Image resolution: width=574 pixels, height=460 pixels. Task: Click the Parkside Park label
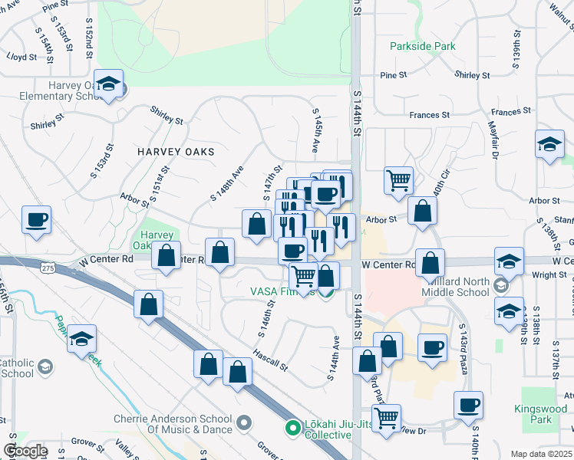[x=422, y=47]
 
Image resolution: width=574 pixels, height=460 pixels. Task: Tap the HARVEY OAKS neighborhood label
[x=176, y=152]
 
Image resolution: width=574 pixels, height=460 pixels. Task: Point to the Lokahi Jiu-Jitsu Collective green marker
[x=292, y=428]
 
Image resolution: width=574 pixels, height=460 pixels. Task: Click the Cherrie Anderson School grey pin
[x=245, y=422]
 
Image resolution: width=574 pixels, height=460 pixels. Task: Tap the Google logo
[x=25, y=451]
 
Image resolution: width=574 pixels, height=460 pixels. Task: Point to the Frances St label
[x=429, y=115]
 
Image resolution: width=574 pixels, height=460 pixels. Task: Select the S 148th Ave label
[x=226, y=184]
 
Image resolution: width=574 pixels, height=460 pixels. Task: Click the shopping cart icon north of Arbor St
[x=398, y=182]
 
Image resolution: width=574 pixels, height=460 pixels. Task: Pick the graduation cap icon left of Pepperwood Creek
[x=81, y=340]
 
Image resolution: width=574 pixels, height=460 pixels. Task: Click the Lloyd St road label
[x=21, y=58]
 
